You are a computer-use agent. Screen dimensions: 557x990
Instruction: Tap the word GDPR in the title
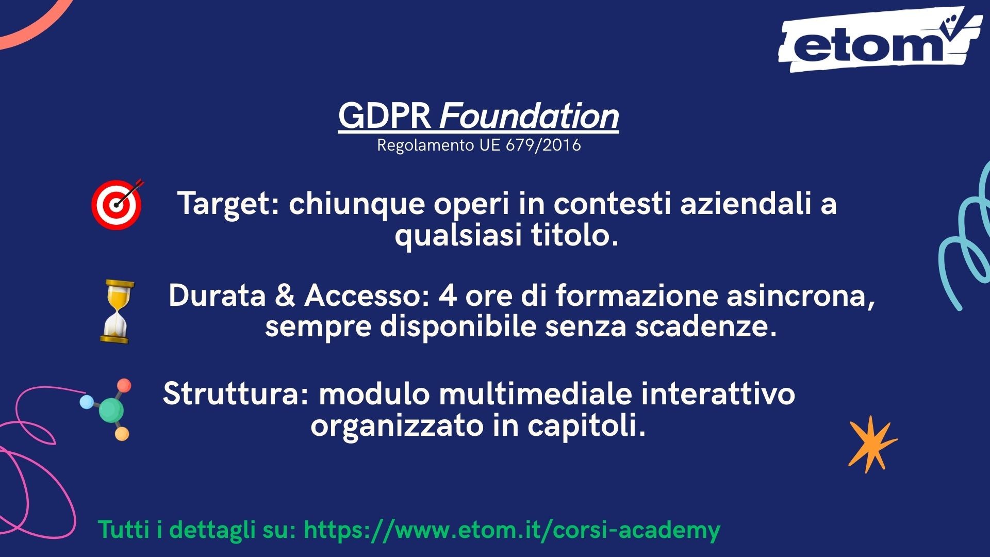coord(385,116)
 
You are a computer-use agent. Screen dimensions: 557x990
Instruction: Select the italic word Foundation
coord(529,116)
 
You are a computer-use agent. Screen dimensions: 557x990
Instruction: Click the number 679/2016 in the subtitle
coord(543,145)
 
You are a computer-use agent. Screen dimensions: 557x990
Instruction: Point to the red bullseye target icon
coord(117,205)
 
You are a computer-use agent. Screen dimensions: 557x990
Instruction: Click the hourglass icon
coord(117,312)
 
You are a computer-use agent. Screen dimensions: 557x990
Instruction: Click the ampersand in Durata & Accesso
coord(285,296)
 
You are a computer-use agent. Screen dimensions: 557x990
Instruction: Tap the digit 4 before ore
coord(447,296)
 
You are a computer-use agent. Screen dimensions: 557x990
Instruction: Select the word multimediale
coord(535,394)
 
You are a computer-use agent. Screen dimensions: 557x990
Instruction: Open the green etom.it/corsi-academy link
coord(511,530)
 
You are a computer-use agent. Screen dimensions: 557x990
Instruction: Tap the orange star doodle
coord(872,444)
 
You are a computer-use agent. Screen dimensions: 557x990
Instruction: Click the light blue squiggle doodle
coord(964,237)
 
